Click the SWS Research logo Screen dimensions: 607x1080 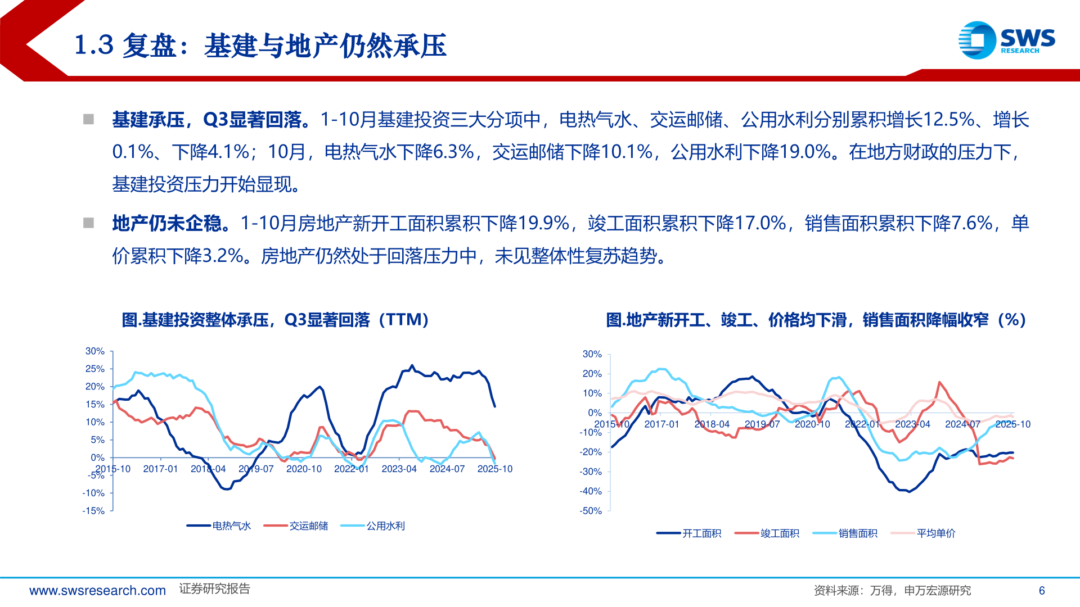(1006, 40)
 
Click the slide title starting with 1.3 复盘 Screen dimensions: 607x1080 (260, 46)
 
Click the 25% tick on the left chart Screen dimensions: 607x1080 (94, 369)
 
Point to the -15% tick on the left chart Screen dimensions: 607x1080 (93, 511)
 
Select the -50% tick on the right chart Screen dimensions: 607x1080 (591, 511)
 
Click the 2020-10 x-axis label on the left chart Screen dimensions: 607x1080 (304, 469)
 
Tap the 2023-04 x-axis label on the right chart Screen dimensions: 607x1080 (912, 424)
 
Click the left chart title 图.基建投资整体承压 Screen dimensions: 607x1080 (276, 320)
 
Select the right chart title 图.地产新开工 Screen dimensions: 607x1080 (816, 320)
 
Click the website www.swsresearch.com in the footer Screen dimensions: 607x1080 (97, 591)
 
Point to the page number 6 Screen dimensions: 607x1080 (1042, 591)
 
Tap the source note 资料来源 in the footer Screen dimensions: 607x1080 (892, 591)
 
